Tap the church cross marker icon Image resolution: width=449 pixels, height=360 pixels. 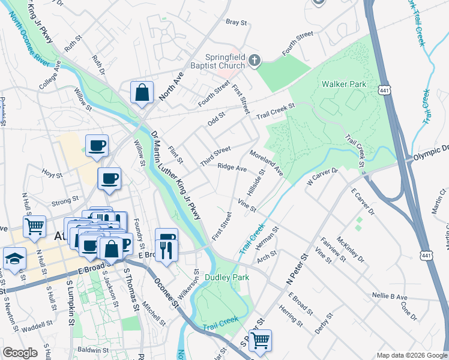[255, 60]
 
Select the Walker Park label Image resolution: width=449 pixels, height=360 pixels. [344, 85]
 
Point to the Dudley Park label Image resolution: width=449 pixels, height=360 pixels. [227, 277]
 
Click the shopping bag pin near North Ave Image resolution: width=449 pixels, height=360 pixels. [142, 93]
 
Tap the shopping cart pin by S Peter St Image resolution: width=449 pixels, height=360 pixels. [260, 340]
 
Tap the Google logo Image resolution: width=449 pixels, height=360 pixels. [20, 352]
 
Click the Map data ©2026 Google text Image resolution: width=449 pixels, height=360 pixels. [411, 355]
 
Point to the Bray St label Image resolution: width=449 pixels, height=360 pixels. [236, 22]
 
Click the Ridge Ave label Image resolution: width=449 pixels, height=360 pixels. [232, 168]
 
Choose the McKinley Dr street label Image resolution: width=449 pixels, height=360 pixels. [350, 248]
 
